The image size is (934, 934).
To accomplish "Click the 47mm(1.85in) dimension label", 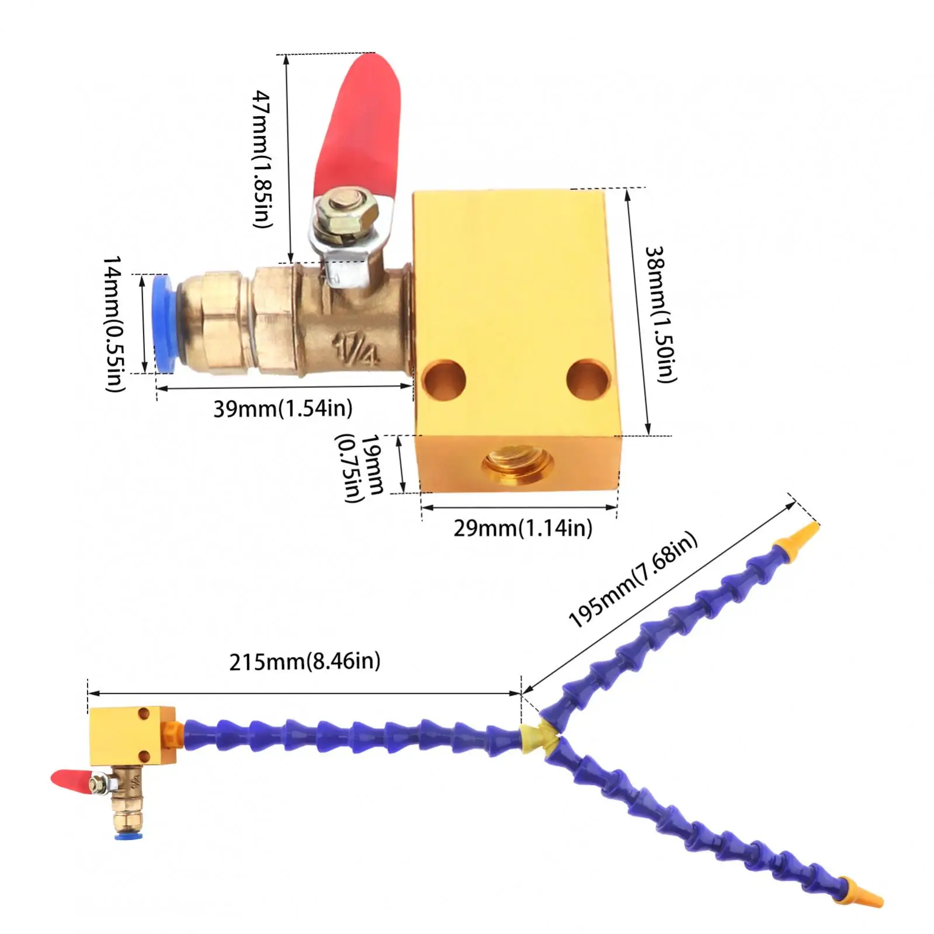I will (x=263, y=159).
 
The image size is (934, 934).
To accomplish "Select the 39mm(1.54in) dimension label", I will (x=283, y=408).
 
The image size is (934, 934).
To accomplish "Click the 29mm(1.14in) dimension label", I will (x=523, y=528).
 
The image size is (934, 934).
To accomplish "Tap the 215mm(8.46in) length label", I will (x=304, y=661).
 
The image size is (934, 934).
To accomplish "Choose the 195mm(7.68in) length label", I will (x=633, y=579).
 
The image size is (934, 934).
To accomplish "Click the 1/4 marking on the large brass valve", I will (x=356, y=349).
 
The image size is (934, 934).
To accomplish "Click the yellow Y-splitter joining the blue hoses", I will (x=540, y=737).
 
